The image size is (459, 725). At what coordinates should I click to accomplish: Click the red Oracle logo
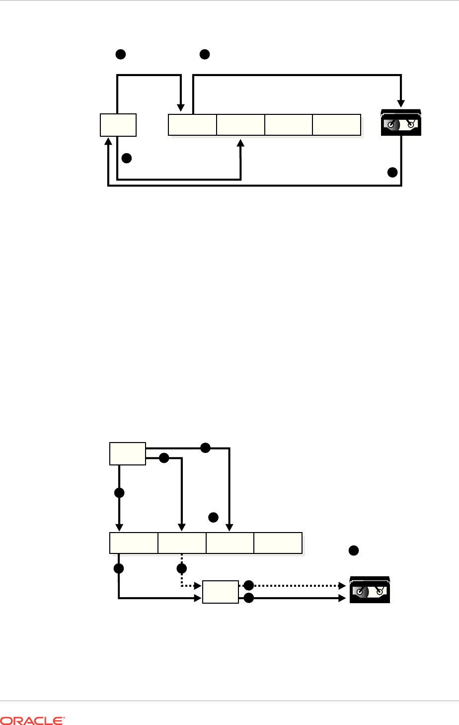(x=32, y=721)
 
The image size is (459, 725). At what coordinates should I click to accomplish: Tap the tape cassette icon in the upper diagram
(x=401, y=122)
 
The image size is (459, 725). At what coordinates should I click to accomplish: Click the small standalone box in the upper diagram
(x=118, y=125)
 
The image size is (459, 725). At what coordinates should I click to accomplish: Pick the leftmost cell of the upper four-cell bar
(x=192, y=125)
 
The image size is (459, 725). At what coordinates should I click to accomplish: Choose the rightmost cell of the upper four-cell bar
(x=337, y=125)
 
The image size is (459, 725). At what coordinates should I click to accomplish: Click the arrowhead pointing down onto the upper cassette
(x=401, y=103)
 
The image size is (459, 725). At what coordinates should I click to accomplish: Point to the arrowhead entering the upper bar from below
(x=240, y=143)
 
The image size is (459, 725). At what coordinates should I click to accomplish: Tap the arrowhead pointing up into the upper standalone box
(x=108, y=141)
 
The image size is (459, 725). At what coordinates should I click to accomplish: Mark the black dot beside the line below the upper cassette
(x=392, y=172)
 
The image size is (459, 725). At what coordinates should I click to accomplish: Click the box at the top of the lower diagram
(x=128, y=453)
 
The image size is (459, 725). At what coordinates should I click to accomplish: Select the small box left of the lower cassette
(x=221, y=592)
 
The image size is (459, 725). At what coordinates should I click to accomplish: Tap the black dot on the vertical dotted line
(x=182, y=568)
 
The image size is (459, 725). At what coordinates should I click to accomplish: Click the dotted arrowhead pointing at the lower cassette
(x=342, y=585)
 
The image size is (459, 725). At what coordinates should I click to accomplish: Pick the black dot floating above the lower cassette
(x=354, y=550)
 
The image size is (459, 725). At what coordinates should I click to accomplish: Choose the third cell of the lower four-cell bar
(x=230, y=543)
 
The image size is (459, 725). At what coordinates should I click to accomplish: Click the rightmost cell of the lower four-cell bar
(x=278, y=543)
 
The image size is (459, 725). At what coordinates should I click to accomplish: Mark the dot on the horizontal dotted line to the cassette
(x=248, y=585)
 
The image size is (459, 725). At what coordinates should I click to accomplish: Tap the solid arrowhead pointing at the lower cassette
(x=342, y=598)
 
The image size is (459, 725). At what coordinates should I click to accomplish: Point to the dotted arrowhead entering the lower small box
(x=198, y=585)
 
